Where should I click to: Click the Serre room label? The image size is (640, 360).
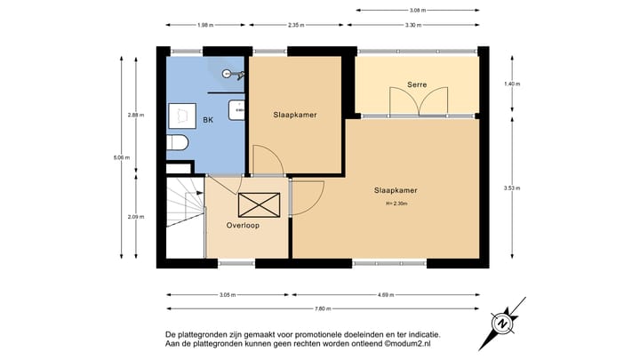click(417, 84)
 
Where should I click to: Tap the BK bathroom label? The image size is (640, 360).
click(208, 120)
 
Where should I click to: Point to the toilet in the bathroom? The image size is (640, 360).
click(176, 143)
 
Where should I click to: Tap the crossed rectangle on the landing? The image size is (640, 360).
click(259, 205)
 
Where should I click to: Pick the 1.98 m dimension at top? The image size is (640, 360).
click(205, 25)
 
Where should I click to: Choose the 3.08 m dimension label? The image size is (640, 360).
click(419, 10)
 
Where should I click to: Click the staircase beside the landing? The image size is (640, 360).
click(184, 219)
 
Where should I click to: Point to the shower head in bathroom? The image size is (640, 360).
click(227, 73)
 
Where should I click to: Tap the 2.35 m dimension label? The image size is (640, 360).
click(297, 25)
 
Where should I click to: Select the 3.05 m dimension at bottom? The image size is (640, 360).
click(227, 294)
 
